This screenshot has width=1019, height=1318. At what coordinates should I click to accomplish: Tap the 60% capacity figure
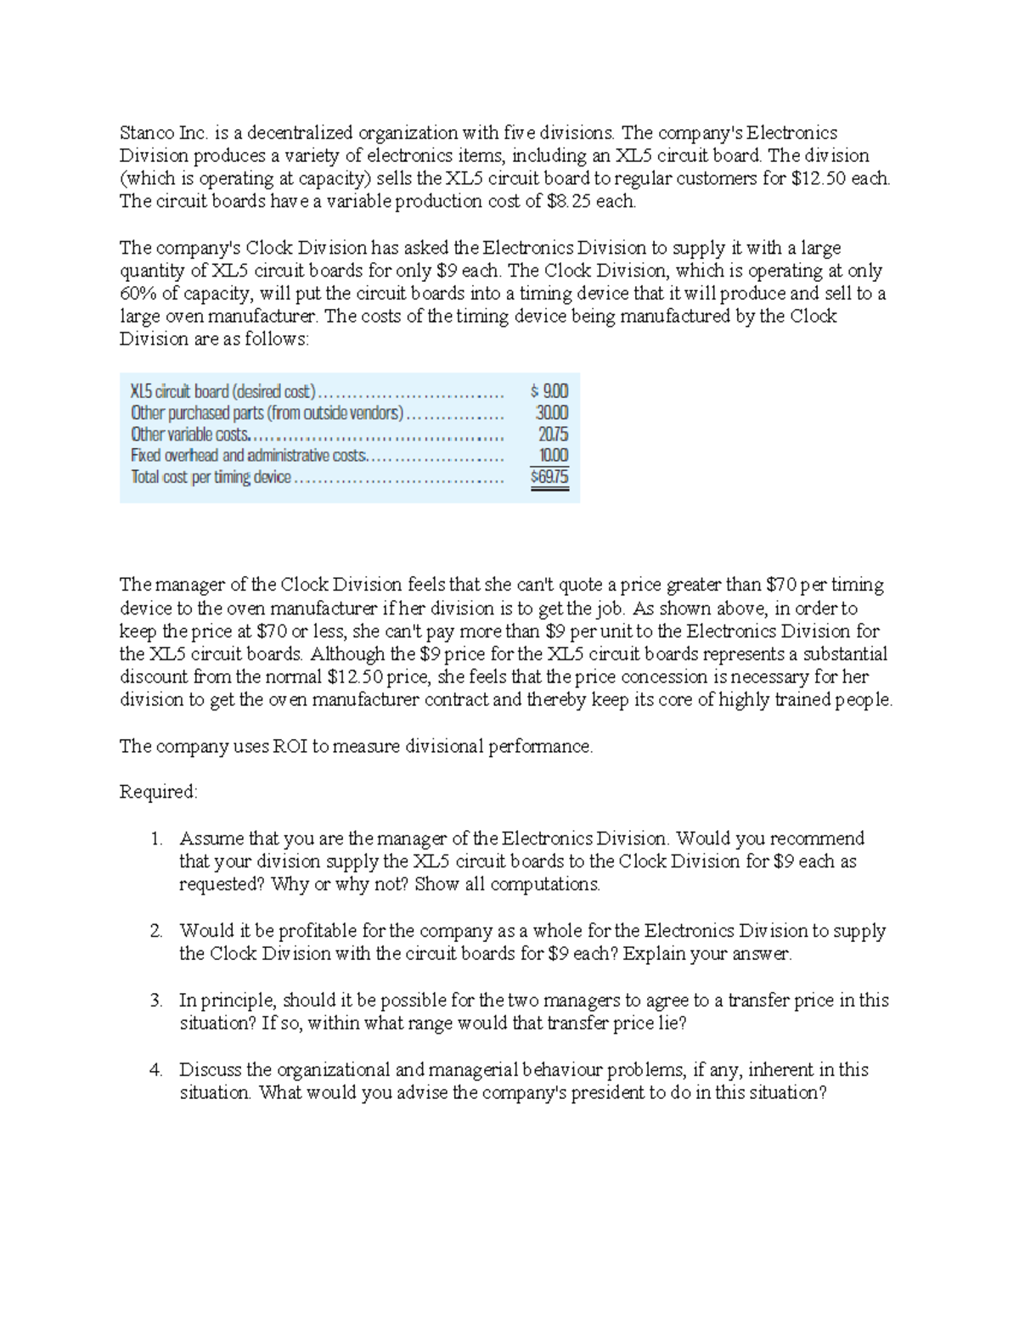[x=136, y=294]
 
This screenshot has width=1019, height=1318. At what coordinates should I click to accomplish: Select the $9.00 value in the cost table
[x=549, y=391]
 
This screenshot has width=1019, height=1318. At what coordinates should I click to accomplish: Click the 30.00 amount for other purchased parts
[x=552, y=412]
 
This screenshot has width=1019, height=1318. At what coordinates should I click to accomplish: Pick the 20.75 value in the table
[x=553, y=434]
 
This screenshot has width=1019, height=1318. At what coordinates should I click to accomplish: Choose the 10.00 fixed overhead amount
[x=554, y=455]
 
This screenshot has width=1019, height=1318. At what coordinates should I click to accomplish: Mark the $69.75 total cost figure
[x=549, y=477]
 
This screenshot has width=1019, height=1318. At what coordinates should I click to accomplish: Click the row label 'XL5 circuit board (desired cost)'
[x=222, y=391]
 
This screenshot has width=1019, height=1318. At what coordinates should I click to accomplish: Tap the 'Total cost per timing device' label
[x=211, y=477]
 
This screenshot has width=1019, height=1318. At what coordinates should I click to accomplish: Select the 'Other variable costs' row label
[x=189, y=434]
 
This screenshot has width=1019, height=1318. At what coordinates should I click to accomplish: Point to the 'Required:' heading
[x=158, y=792]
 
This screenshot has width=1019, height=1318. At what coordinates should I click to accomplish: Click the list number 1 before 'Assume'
[x=155, y=838]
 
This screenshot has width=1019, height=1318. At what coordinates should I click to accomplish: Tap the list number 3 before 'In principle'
[x=155, y=1001]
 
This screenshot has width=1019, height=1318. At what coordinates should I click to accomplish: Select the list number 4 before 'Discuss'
[x=155, y=1069]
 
